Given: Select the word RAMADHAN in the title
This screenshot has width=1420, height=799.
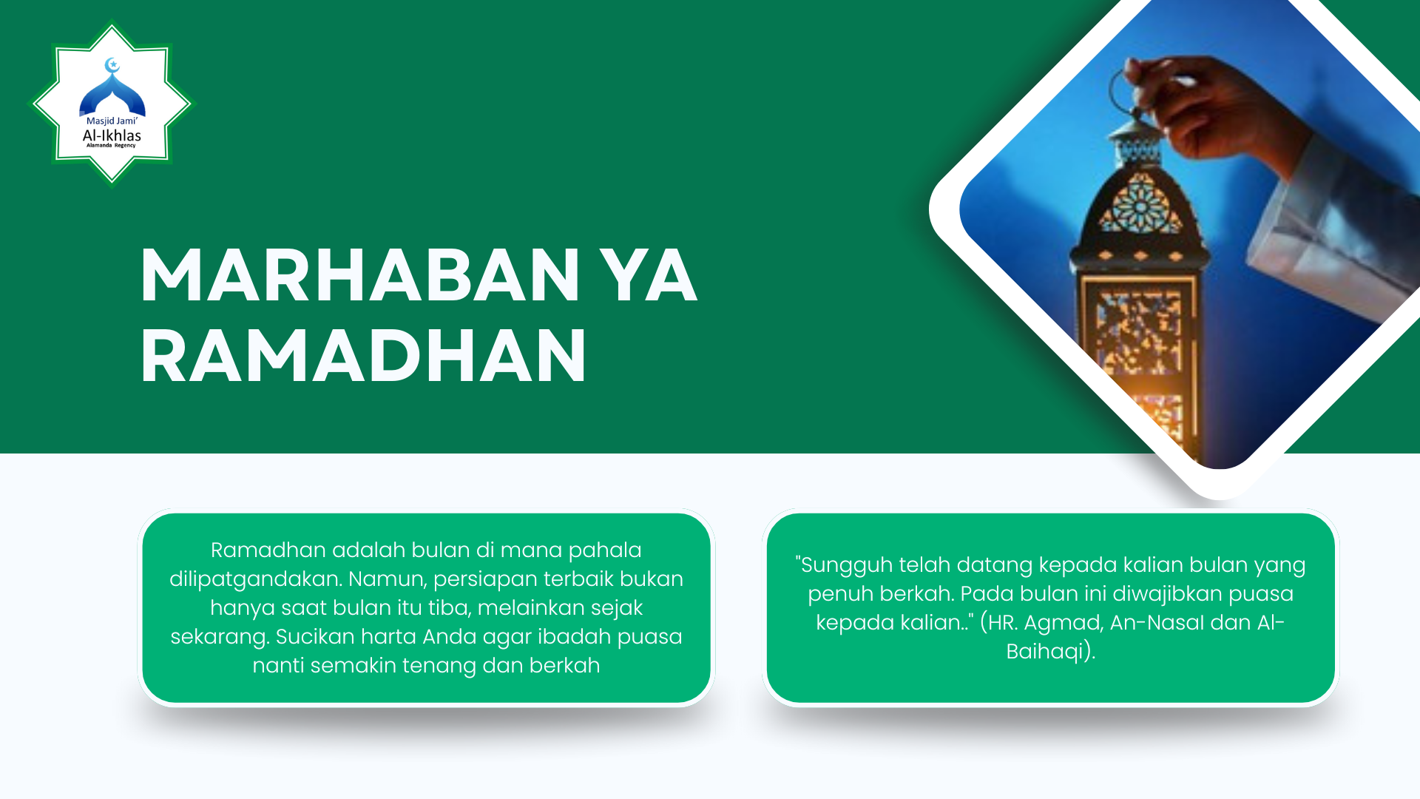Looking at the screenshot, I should pyautogui.click(x=363, y=357).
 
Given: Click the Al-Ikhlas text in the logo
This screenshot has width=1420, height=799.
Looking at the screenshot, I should pyautogui.click(x=112, y=135).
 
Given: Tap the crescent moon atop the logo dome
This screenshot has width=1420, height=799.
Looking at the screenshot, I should pyautogui.click(x=112, y=65).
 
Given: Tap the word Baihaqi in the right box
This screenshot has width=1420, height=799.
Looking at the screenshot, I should pyautogui.click(x=1046, y=652).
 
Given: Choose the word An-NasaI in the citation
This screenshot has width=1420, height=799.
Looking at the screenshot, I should pyautogui.click(x=1157, y=623).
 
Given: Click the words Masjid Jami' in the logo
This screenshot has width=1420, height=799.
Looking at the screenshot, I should pyautogui.click(x=112, y=121).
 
